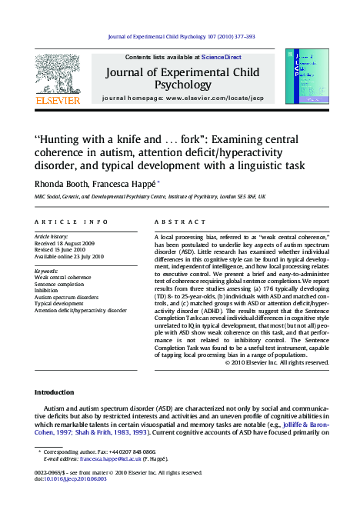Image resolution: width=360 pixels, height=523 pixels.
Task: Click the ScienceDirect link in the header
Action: pyautogui.click(x=222, y=57)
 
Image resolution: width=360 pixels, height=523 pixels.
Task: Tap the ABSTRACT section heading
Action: pyautogui.click(x=170, y=221)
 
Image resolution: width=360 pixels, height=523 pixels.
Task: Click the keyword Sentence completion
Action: pyautogui.click(x=60, y=284)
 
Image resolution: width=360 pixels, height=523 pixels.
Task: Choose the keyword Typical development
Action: pyautogui.click(x=59, y=304)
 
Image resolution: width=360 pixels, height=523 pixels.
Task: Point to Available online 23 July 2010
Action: pyautogui.click(x=69, y=257)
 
